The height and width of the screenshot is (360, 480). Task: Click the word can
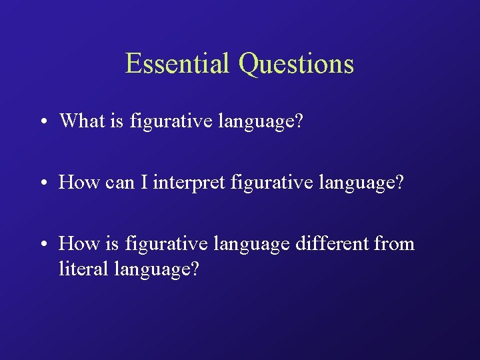coord(119,183)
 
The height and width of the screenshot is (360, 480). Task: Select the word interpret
coord(189,183)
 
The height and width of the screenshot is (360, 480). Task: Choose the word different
coord(331,243)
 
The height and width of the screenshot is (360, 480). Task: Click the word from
coord(394,243)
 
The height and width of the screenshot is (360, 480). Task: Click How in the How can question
coord(79,182)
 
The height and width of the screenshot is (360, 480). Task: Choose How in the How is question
coord(79,243)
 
